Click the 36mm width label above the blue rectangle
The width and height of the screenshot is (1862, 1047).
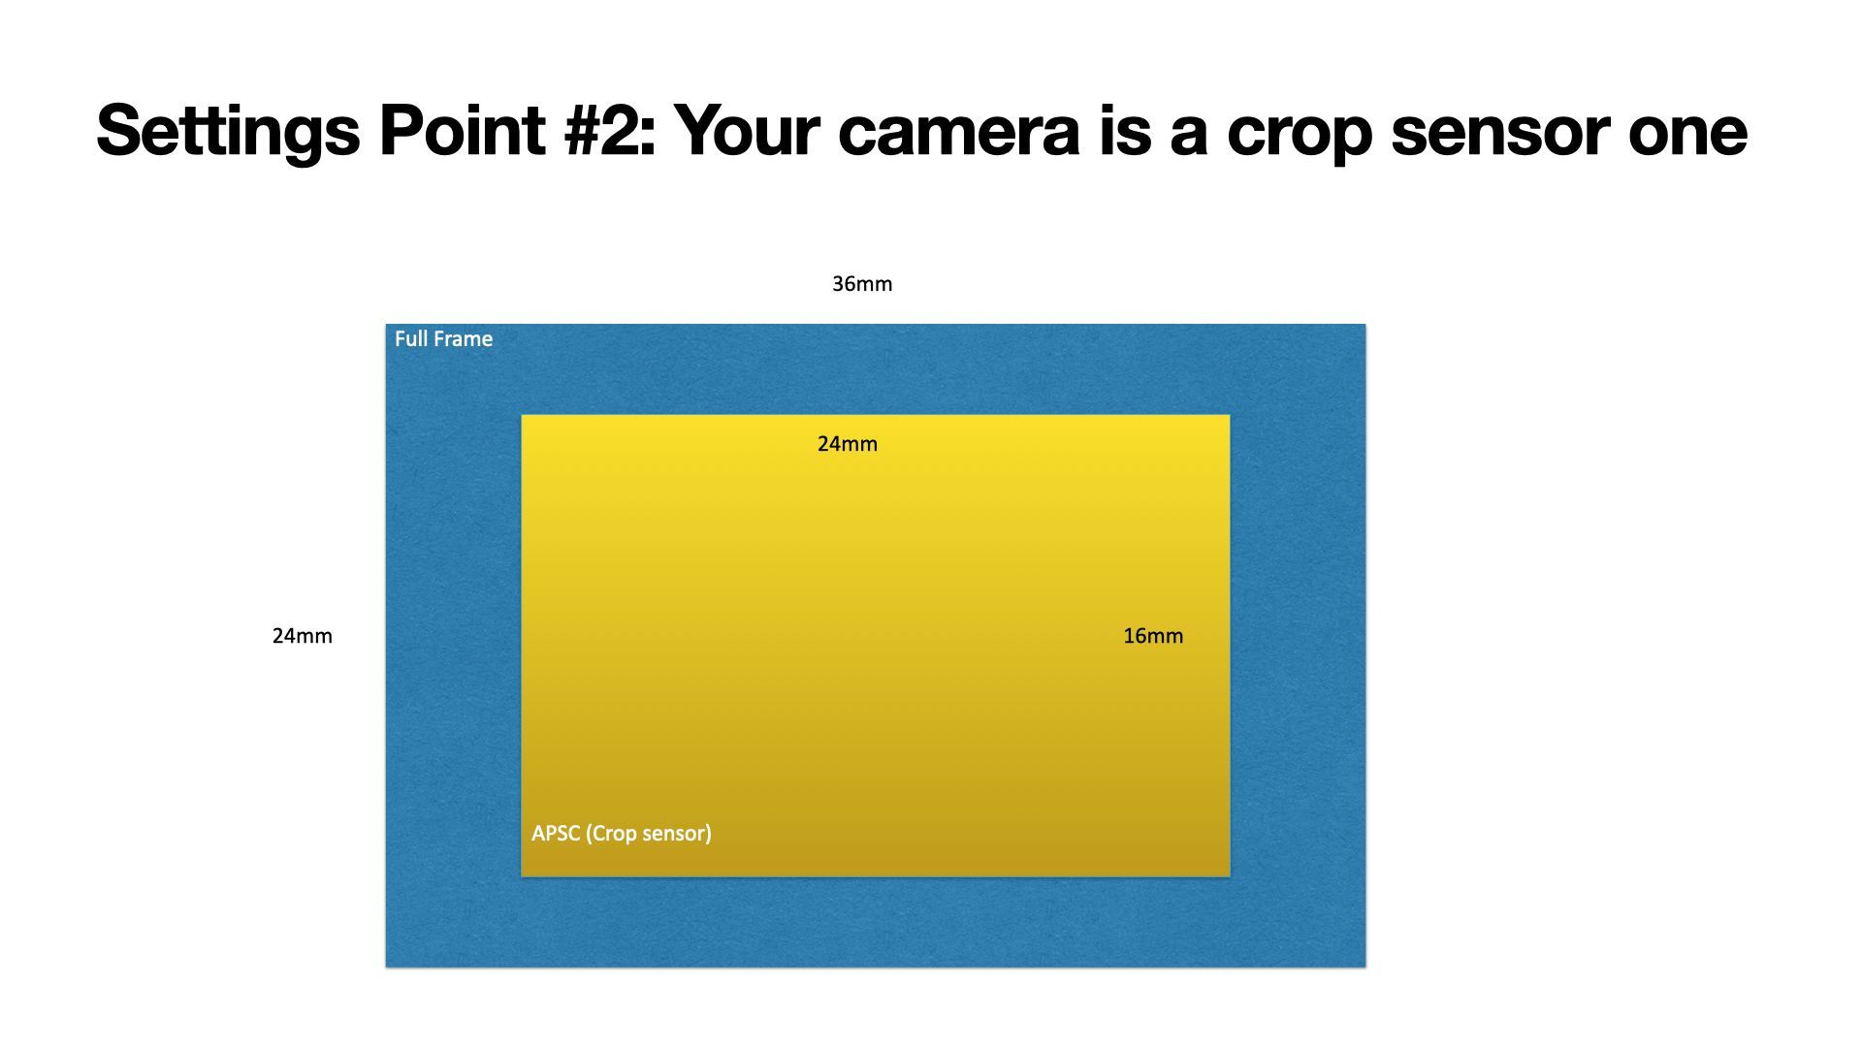tap(862, 284)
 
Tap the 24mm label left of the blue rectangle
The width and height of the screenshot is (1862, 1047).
tap(303, 636)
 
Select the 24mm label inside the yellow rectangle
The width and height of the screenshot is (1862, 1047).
tap(848, 444)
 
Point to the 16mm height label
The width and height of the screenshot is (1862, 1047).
tap(1153, 636)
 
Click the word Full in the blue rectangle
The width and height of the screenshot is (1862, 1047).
tap(411, 339)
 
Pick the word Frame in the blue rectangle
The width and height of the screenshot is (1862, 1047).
tap(464, 339)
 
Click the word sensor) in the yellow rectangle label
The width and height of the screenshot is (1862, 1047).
tap(676, 834)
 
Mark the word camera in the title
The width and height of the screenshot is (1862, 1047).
tap(959, 136)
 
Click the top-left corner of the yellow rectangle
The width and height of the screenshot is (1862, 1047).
tap(522, 416)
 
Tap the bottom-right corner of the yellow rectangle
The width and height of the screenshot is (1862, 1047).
tap(1230, 876)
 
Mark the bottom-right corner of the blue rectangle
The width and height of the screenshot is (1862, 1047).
tap(1365, 967)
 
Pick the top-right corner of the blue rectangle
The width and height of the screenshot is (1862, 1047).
tap(1365, 325)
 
